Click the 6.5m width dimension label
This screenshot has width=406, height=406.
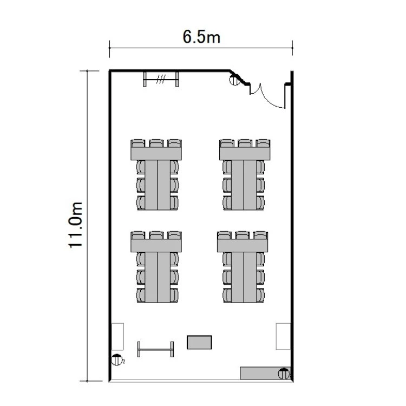click(201, 37)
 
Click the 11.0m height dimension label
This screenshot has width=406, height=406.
click(75, 225)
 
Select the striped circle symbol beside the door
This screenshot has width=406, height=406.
click(235, 80)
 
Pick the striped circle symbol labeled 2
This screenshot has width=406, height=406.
click(116, 360)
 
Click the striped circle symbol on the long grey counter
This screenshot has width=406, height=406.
click(284, 374)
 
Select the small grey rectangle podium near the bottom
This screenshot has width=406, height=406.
click(199, 342)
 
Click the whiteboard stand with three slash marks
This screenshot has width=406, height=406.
click(161, 79)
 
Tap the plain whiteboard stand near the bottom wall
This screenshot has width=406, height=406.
click(155, 349)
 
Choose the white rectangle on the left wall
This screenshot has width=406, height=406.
click(117, 336)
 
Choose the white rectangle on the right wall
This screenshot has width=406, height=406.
click(283, 336)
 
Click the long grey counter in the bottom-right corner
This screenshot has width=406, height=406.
click(265, 373)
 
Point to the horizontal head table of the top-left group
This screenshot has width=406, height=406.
click(156, 154)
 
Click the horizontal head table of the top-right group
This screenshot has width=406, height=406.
click(245, 154)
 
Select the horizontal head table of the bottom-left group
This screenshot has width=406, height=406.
click(156, 245)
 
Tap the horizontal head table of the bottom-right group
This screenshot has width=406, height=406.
click(243, 245)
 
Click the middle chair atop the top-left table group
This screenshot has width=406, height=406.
click(156, 143)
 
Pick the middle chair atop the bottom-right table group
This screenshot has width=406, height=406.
click(243, 235)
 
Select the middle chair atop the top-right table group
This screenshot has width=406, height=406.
click(245, 143)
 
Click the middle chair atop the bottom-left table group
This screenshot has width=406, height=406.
click(156, 235)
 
